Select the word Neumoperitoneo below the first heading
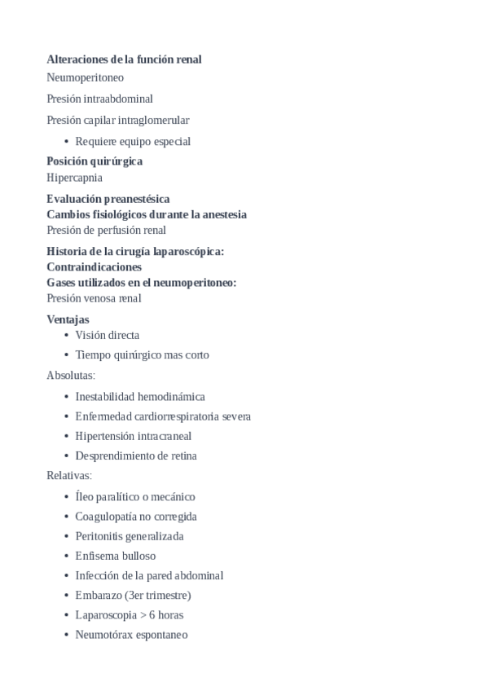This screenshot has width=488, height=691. click(x=86, y=78)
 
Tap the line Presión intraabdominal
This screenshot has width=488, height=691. click(x=99, y=99)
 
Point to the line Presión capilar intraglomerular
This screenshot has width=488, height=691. click(x=118, y=121)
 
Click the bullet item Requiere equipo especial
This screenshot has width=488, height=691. click(x=133, y=142)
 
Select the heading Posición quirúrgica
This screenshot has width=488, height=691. click(x=95, y=161)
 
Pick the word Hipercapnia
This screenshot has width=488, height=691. click(x=74, y=178)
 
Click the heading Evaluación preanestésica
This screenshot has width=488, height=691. click(x=108, y=199)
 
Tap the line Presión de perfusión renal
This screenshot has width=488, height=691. click(x=106, y=231)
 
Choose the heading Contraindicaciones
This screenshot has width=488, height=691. click(x=94, y=267)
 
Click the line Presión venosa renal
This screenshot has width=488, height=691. click(x=94, y=298)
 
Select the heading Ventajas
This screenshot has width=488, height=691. click(x=68, y=319)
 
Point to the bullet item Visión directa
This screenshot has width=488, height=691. click(x=107, y=335)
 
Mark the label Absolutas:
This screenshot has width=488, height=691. click(x=71, y=376)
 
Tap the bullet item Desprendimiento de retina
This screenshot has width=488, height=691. click(x=136, y=456)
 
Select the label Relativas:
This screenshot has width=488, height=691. click(x=69, y=475)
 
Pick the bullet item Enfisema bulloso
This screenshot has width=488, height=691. click(x=116, y=556)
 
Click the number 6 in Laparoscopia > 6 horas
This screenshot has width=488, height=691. click(x=152, y=615)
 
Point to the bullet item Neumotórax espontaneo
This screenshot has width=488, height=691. click(x=131, y=635)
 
